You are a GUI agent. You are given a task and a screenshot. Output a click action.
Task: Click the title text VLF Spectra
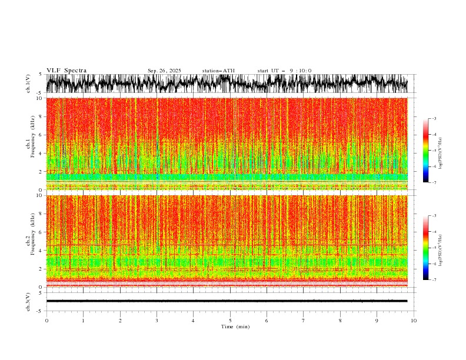point(66,71)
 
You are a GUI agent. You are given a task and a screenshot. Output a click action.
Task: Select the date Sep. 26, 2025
point(164,71)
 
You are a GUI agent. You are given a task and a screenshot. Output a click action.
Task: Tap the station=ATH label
point(218,71)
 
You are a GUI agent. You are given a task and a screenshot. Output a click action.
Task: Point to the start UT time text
point(284,71)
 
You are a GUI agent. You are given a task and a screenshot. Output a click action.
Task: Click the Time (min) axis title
point(230,326)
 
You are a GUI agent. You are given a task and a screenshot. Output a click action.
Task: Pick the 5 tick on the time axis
point(230,321)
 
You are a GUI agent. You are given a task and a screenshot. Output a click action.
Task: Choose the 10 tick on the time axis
point(414,321)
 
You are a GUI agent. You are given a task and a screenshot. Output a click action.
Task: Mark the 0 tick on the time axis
point(46,321)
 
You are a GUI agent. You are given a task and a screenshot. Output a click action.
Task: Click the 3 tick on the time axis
point(157,321)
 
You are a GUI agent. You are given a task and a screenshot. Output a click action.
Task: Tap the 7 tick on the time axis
point(304,321)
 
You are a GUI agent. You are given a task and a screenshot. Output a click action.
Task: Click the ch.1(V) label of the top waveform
point(28,84)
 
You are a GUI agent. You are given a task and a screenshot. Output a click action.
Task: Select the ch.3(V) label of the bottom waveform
point(28,301)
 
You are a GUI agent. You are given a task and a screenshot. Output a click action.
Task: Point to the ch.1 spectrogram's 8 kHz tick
point(41,116)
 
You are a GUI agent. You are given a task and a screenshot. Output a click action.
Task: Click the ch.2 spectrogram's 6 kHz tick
point(41,232)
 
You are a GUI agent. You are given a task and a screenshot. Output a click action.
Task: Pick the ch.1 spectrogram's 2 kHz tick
point(41,171)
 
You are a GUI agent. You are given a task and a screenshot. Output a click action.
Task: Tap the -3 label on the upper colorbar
point(434,119)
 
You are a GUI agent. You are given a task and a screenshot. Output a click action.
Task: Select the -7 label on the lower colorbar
point(434,280)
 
